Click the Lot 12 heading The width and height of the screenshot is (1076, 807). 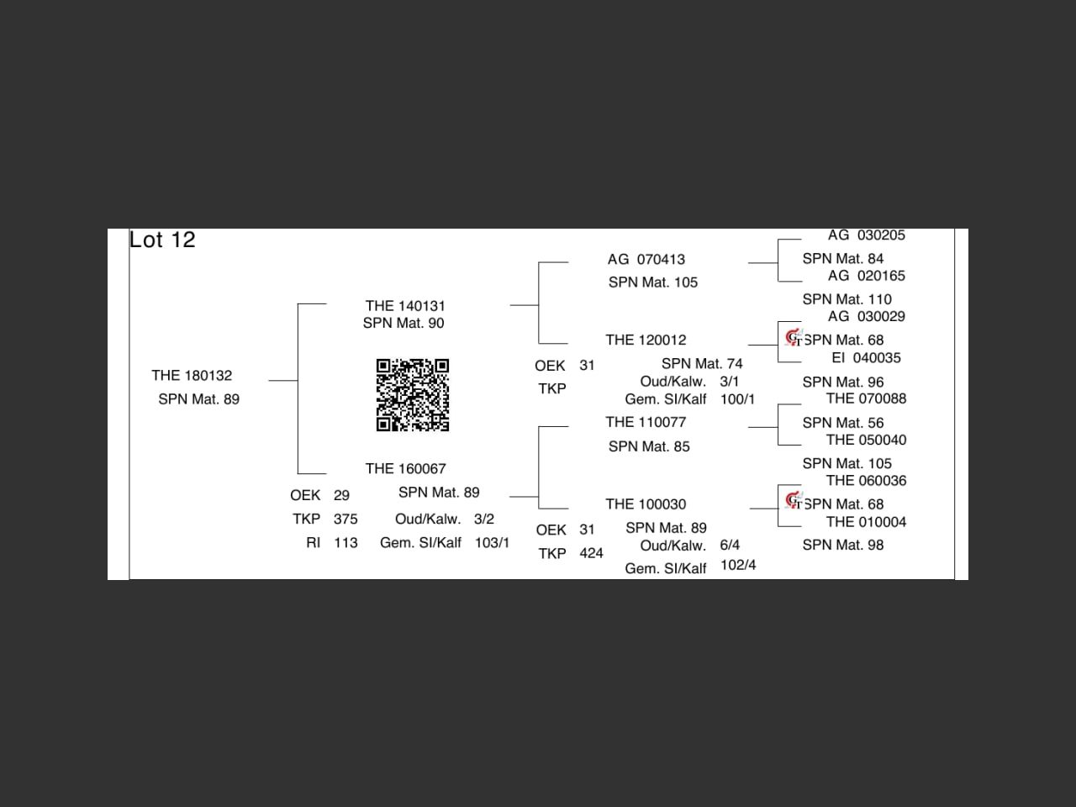point(162,240)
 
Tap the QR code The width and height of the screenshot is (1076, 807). point(412,395)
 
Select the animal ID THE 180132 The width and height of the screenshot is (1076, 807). point(192,376)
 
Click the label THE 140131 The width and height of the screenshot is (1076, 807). point(405,306)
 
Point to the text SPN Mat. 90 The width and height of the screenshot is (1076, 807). point(403,324)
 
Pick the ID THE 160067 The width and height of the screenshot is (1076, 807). point(405,469)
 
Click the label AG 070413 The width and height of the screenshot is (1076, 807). point(646,260)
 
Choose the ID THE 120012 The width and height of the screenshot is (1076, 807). point(646,340)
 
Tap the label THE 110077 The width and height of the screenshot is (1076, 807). point(646,423)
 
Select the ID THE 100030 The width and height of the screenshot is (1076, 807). point(646,504)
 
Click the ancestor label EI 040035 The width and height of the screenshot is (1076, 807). point(866,358)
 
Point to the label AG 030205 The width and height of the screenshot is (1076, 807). point(866,235)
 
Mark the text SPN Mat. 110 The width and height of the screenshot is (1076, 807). point(847,299)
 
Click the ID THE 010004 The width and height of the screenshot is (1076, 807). point(866,522)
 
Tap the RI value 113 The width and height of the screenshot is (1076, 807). point(345,543)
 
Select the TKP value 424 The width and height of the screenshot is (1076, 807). point(591,554)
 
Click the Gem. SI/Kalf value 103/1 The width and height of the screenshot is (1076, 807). point(492,543)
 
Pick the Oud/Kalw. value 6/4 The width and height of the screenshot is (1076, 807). point(730,546)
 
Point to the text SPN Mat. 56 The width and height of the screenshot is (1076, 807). point(843,424)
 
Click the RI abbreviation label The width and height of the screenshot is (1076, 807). point(313,543)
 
